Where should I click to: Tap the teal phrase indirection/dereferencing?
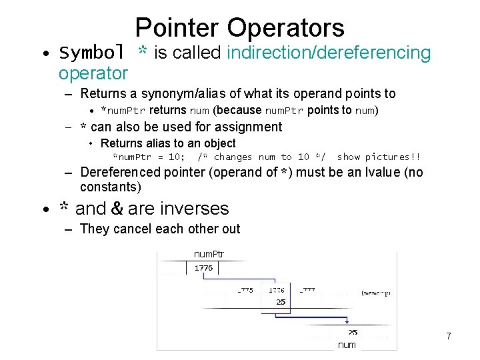tap(329, 53)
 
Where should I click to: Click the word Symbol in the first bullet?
tap(93, 53)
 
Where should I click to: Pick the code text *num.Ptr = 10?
tap(149, 157)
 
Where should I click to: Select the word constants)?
tap(111, 187)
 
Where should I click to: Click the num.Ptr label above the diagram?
tap(209, 254)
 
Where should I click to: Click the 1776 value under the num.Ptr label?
tap(204, 267)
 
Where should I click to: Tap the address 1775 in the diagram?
tap(245, 291)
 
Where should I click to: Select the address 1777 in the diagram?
tap(307, 291)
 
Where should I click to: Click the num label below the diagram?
tap(347, 345)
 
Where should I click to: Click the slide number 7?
tap(449, 337)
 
